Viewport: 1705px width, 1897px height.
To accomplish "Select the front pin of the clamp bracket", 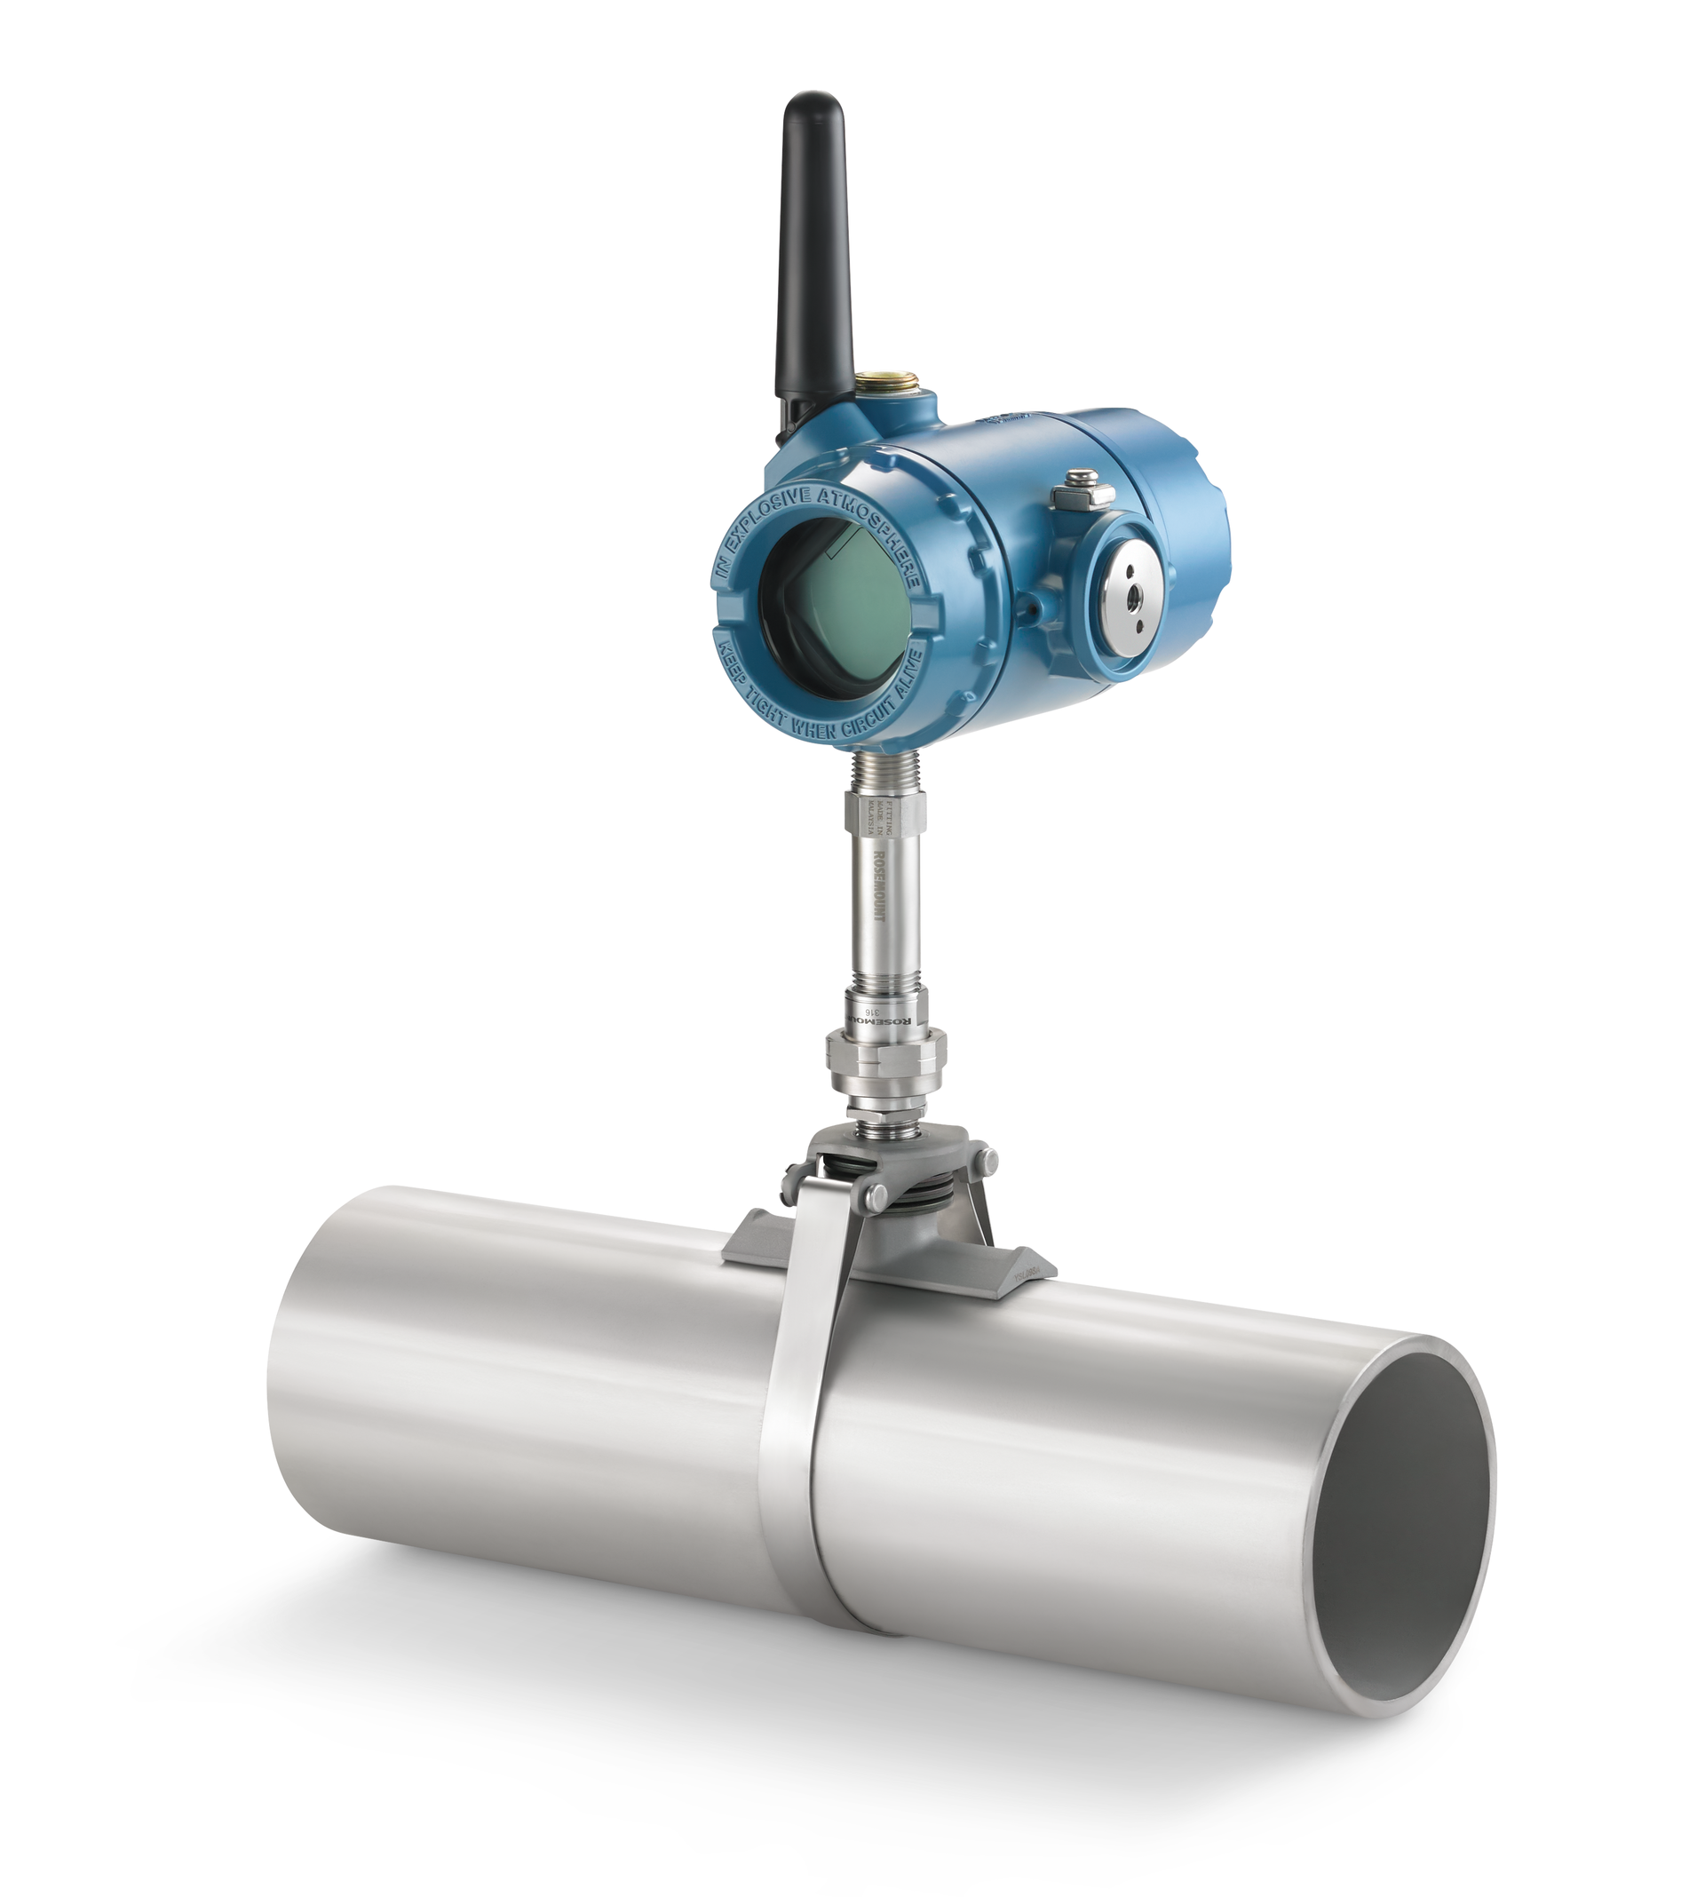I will [x=876, y=1196].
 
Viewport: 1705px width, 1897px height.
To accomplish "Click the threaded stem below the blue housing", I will [x=881, y=768].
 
